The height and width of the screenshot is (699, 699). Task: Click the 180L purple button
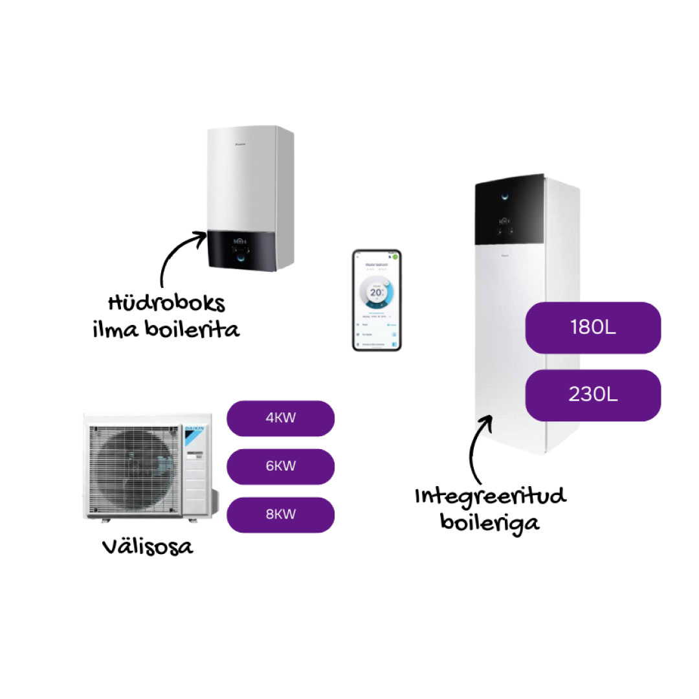tap(592, 327)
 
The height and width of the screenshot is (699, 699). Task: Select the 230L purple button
tap(592, 395)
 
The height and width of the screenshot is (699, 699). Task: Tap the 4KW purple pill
tap(280, 418)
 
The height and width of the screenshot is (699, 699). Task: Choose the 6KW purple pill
tap(280, 467)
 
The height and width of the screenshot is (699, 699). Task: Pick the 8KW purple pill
tap(280, 515)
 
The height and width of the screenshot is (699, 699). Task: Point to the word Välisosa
tap(148, 547)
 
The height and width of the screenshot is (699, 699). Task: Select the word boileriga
tap(490, 521)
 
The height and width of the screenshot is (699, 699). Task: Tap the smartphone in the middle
tap(377, 300)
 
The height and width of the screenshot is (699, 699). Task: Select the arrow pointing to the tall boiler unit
tap(479, 447)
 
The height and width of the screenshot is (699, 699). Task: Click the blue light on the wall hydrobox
tap(242, 257)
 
